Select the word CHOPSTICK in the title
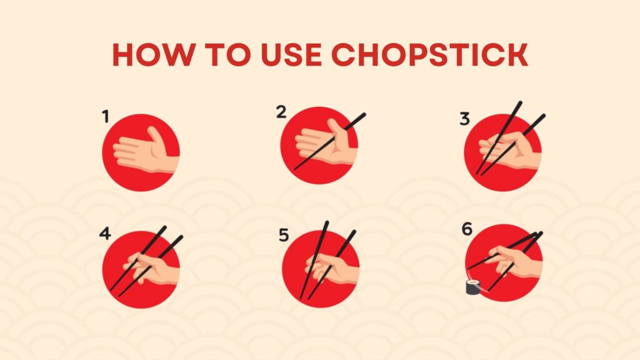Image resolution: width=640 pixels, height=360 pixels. point(430,54)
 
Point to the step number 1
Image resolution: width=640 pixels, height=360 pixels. point(106,116)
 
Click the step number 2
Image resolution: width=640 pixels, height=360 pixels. point(281,112)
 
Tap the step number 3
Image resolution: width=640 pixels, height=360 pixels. point(464,119)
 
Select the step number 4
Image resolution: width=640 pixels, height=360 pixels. point(105,234)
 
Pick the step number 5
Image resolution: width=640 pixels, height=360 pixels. point(284,235)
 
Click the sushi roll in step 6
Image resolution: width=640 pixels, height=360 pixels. point(473,286)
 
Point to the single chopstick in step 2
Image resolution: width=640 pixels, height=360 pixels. point(330,141)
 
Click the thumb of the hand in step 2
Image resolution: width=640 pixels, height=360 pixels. point(338,131)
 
